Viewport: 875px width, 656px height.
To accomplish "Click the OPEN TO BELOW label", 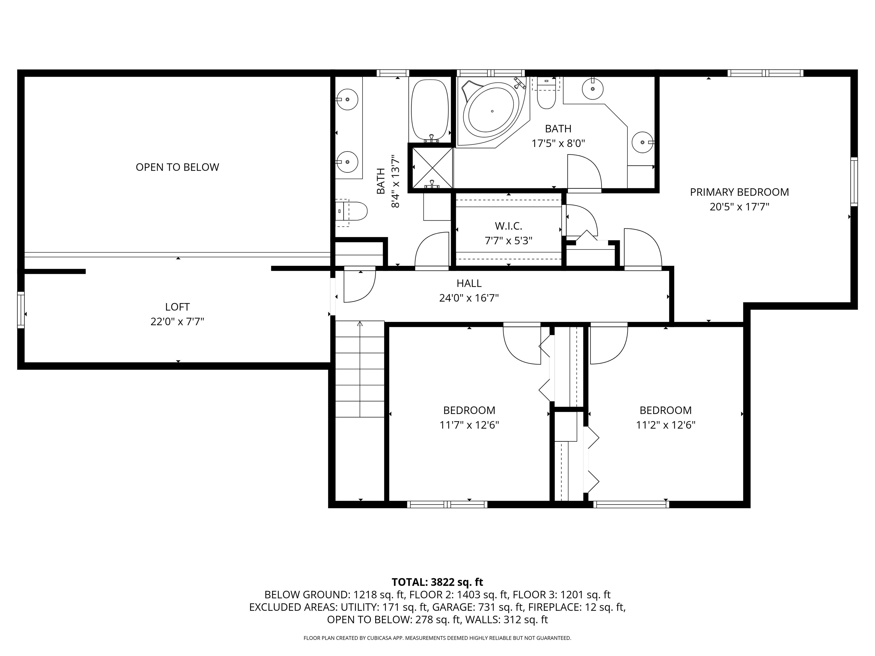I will coord(177,167).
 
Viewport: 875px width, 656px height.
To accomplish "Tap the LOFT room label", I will coord(177,307).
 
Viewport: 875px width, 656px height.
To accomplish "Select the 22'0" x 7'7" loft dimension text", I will coord(177,321).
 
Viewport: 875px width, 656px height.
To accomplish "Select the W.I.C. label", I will coord(508,226).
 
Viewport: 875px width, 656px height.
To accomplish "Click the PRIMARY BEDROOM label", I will coord(739,192).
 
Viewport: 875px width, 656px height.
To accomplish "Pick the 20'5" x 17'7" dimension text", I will coord(739,207).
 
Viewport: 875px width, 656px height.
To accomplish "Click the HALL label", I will coord(469,283).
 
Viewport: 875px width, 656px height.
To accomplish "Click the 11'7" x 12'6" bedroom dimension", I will coord(469,425).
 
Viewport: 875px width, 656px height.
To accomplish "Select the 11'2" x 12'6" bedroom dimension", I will coord(665,425).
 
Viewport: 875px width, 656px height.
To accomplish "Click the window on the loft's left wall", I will coord(21,310).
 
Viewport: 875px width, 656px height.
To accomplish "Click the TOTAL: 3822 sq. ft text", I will coord(437,582).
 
